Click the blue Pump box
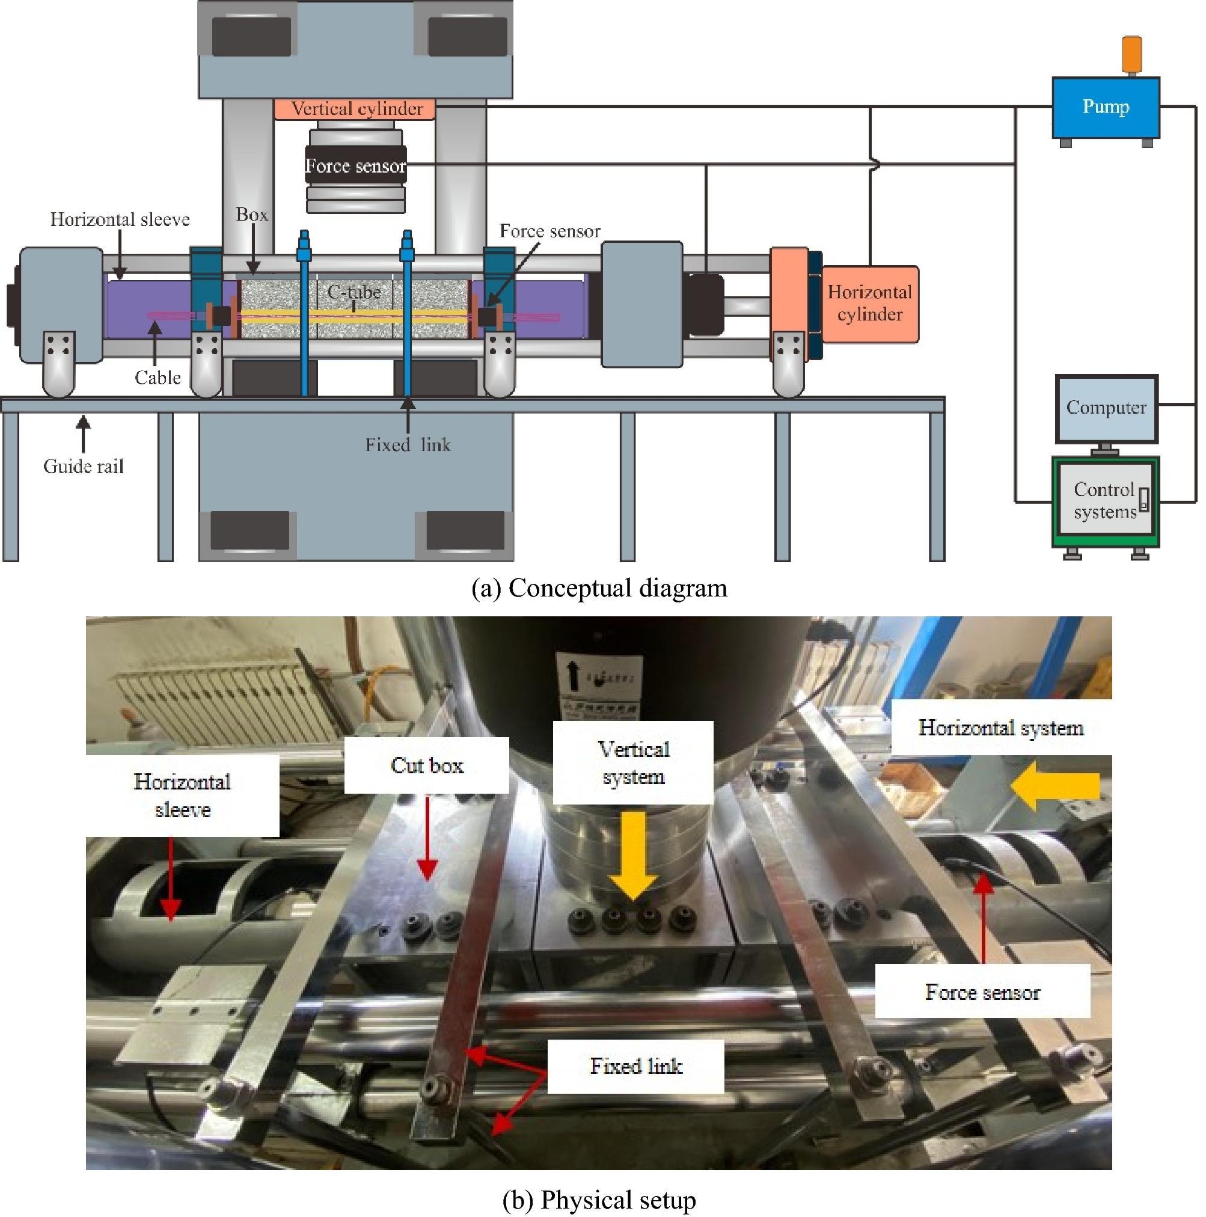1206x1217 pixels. (x=1105, y=107)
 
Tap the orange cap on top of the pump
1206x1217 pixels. (x=1131, y=54)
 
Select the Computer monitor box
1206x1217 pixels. (x=1106, y=408)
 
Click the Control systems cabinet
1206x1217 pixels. (x=1105, y=501)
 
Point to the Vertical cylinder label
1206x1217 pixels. (x=357, y=109)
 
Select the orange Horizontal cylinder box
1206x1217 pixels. (x=869, y=304)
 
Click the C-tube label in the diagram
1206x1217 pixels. (x=354, y=292)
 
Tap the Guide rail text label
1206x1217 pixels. (x=83, y=467)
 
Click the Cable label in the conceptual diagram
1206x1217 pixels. (x=158, y=378)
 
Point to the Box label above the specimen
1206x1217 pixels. (x=252, y=215)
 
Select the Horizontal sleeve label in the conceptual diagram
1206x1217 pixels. (x=120, y=219)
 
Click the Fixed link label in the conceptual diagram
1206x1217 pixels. (x=408, y=446)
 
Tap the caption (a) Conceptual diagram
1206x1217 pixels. (x=599, y=588)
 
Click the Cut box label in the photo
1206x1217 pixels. (x=427, y=765)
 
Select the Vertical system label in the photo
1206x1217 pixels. (x=633, y=763)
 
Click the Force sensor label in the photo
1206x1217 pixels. (x=982, y=993)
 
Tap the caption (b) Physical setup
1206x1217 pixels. (x=599, y=1200)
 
